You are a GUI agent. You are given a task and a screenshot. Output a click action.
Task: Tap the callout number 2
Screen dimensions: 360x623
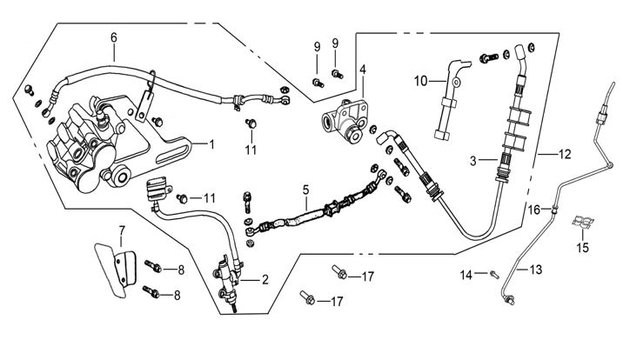pyautogui.click(x=263, y=280)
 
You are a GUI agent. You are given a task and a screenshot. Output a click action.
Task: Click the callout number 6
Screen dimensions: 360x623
pyautogui.click(x=113, y=37)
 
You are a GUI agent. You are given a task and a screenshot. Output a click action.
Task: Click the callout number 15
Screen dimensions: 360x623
pyautogui.click(x=582, y=247)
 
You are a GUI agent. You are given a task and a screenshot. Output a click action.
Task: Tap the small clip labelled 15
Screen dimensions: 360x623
pyautogui.click(x=582, y=225)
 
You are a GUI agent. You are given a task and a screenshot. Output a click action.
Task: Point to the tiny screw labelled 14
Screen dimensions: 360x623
pyautogui.click(x=494, y=275)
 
